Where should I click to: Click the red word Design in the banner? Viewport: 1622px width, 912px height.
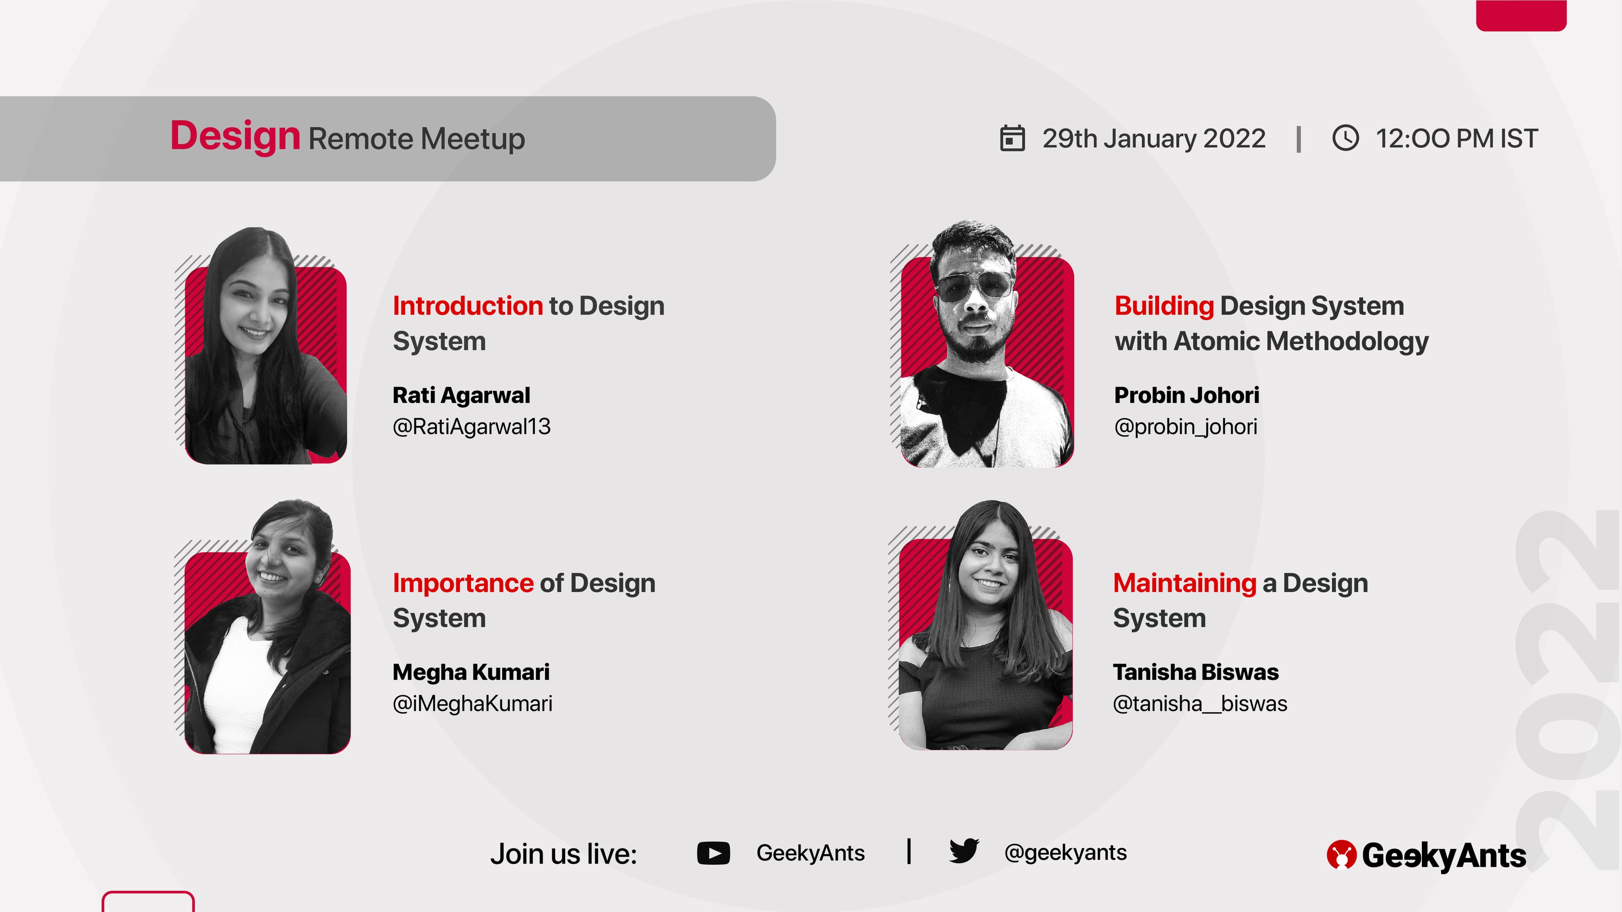click(x=235, y=136)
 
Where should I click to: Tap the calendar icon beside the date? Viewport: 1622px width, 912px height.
click(x=1012, y=138)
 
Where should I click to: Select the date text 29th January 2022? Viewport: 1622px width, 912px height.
click(x=1154, y=138)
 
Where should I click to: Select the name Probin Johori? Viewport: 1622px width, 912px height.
click(x=1186, y=395)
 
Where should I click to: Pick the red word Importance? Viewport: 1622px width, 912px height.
click(x=463, y=584)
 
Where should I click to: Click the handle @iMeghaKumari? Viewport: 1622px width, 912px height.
click(x=472, y=704)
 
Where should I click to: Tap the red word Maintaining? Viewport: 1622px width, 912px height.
click(x=1184, y=584)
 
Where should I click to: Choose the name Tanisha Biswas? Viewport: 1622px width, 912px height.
click(x=1196, y=672)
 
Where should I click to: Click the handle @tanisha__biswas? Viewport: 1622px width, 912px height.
click(x=1200, y=704)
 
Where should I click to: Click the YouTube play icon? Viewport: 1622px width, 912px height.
click(x=713, y=853)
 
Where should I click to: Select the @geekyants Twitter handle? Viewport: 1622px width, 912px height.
click(x=1065, y=853)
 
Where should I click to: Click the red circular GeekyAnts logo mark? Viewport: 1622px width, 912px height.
click(x=1341, y=855)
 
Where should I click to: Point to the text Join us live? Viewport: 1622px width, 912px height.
click(x=563, y=854)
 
